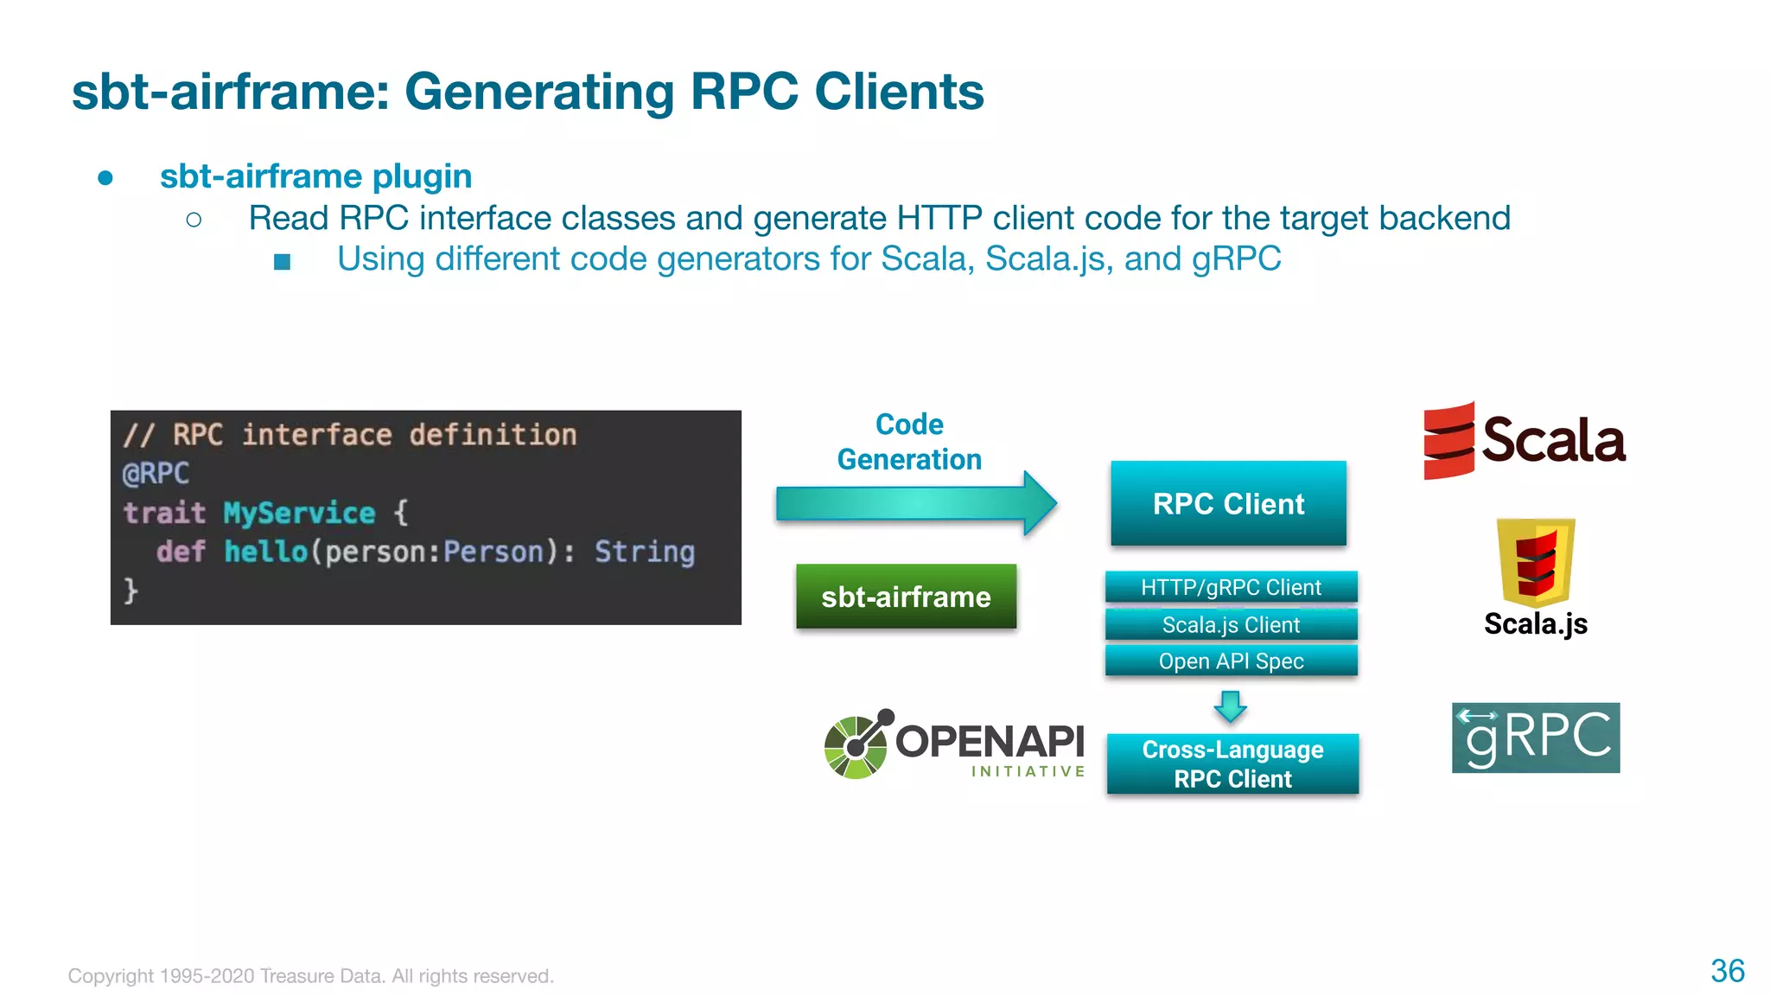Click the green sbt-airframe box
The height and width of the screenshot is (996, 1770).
coord(906,597)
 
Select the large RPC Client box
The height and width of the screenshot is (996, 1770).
coord(1228,503)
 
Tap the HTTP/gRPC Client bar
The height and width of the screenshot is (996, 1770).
coord(1231,587)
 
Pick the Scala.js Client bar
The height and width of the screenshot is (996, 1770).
coord(1231,624)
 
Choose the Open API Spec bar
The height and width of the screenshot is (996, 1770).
coord(1231,661)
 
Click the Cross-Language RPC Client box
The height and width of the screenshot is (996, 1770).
coord(1232,763)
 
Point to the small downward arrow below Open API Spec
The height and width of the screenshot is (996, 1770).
coord(1230,705)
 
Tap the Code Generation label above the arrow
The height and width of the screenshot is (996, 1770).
coord(909,441)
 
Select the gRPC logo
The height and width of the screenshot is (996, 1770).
coord(1536,737)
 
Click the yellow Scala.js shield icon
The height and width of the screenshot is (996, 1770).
coord(1536,562)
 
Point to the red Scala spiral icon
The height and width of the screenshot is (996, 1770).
coord(1448,440)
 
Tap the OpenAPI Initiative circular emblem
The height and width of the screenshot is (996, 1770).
coord(856,744)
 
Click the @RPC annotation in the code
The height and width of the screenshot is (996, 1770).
coord(156,474)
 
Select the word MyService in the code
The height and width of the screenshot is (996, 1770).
coord(299,513)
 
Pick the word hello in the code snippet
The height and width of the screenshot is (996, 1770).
coord(265,552)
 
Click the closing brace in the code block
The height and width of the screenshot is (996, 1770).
coord(131,591)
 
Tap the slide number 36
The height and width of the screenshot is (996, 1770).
coord(1727,971)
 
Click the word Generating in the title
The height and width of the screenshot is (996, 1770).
coord(538,92)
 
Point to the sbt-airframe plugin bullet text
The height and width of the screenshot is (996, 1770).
coord(315,176)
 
